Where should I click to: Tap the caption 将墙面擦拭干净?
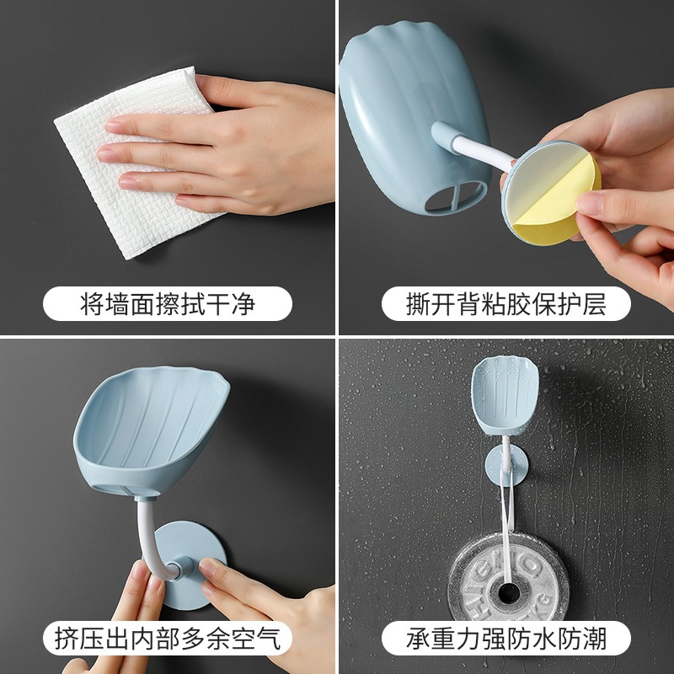(168, 303)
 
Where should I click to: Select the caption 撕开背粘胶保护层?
(506, 303)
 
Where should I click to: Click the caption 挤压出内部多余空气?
(168, 639)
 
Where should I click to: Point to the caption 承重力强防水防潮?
(506, 639)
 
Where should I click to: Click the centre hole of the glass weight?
(509, 593)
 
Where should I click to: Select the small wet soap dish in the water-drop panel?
(505, 394)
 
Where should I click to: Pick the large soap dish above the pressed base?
(151, 430)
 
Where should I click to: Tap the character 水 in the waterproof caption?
(544, 639)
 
